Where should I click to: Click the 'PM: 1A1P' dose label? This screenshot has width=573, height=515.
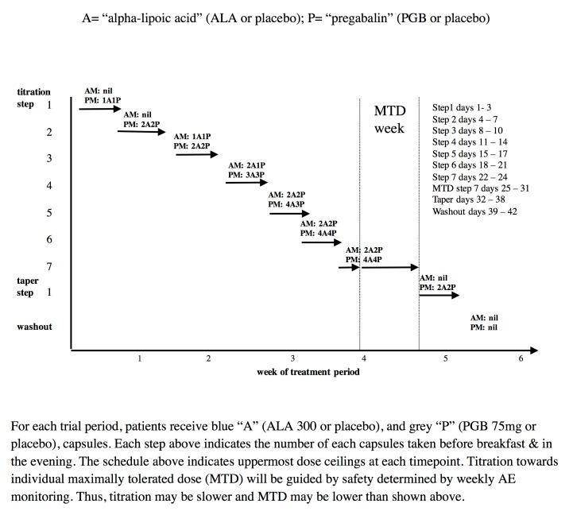(x=103, y=100)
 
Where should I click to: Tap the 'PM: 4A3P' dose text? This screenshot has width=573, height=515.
(x=286, y=204)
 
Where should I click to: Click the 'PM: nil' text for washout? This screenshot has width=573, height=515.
(x=484, y=327)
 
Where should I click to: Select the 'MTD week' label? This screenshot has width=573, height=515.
(x=389, y=119)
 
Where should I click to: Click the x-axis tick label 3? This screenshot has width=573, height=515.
(x=292, y=359)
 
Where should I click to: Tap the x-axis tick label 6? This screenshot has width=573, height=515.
(x=521, y=359)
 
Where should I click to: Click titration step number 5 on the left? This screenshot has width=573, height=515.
(x=49, y=213)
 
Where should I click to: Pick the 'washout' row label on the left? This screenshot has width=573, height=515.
(x=34, y=327)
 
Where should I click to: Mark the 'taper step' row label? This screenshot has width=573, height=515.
(x=28, y=287)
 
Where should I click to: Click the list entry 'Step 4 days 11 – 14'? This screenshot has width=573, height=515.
(x=470, y=142)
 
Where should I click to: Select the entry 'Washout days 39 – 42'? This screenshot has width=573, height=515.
(x=474, y=212)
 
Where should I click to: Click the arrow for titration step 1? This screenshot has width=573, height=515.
(x=99, y=108)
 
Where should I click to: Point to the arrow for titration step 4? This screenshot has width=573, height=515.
(x=247, y=183)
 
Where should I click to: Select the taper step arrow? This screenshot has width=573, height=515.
(x=439, y=296)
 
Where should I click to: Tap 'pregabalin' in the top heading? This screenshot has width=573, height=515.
(x=358, y=17)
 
